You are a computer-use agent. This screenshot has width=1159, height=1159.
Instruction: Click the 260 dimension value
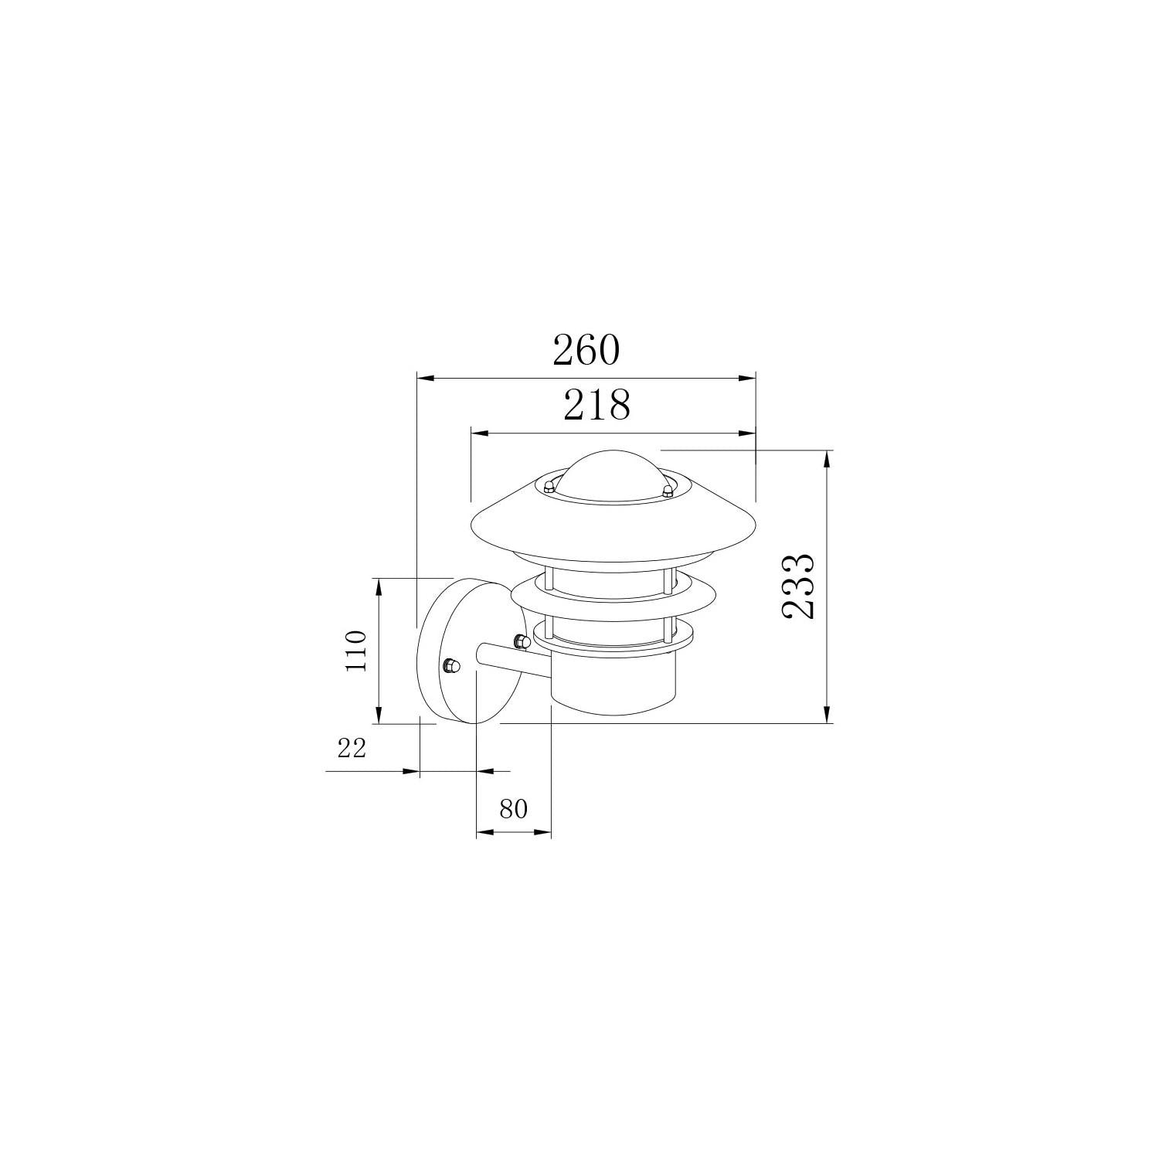coord(586,350)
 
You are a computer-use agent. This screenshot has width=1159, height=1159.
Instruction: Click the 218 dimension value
coord(596,404)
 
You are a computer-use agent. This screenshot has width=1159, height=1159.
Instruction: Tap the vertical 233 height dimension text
coord(797,586)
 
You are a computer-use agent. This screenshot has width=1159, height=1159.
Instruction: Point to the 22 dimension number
coord(351,747)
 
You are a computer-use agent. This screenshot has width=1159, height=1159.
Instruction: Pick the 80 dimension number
coord(513,809)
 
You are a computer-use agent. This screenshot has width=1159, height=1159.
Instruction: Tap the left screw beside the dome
coord(548,486)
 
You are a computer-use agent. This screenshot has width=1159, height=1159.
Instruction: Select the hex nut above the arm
coord(520,640)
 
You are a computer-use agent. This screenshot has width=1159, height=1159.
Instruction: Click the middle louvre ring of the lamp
coord(613,596)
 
